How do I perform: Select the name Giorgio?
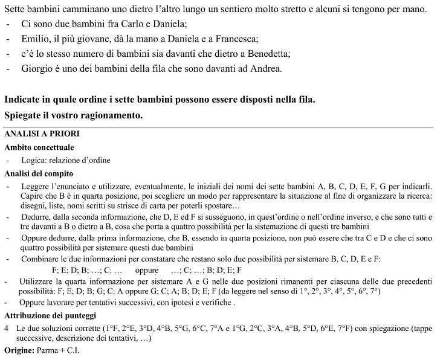pos(38,68)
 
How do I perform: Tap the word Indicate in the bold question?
pos(24,98)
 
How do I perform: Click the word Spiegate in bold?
pos(25,114)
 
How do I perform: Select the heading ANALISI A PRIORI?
pos(42,133)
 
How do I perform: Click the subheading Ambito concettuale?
pos(39,147)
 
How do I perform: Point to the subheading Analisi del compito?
pos(39,174)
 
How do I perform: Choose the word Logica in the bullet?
pos(31,161)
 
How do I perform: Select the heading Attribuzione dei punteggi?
pos(49,315)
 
